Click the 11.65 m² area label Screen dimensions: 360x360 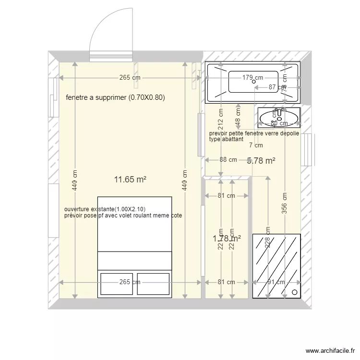pos(130,180)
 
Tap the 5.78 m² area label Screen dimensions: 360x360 pos(261,161)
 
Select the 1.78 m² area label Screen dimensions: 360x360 pos(227,238)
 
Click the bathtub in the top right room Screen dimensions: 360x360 pos(252,82)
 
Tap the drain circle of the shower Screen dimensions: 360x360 pos(294,292)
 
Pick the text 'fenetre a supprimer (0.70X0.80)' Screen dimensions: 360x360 pos(115,97)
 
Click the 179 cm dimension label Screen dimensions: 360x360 pos(252,77)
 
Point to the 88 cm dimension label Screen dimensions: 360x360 pos(228,160)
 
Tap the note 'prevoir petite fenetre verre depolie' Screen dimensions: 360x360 pos(254,133)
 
